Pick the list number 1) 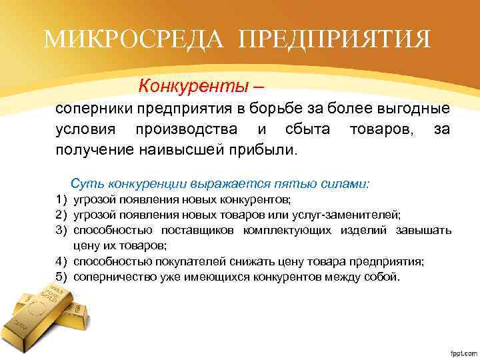click(62, 199)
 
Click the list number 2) click(62, 214)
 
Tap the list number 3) click(62, 230)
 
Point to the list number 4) click(62, 261)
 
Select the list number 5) click(62, 275)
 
